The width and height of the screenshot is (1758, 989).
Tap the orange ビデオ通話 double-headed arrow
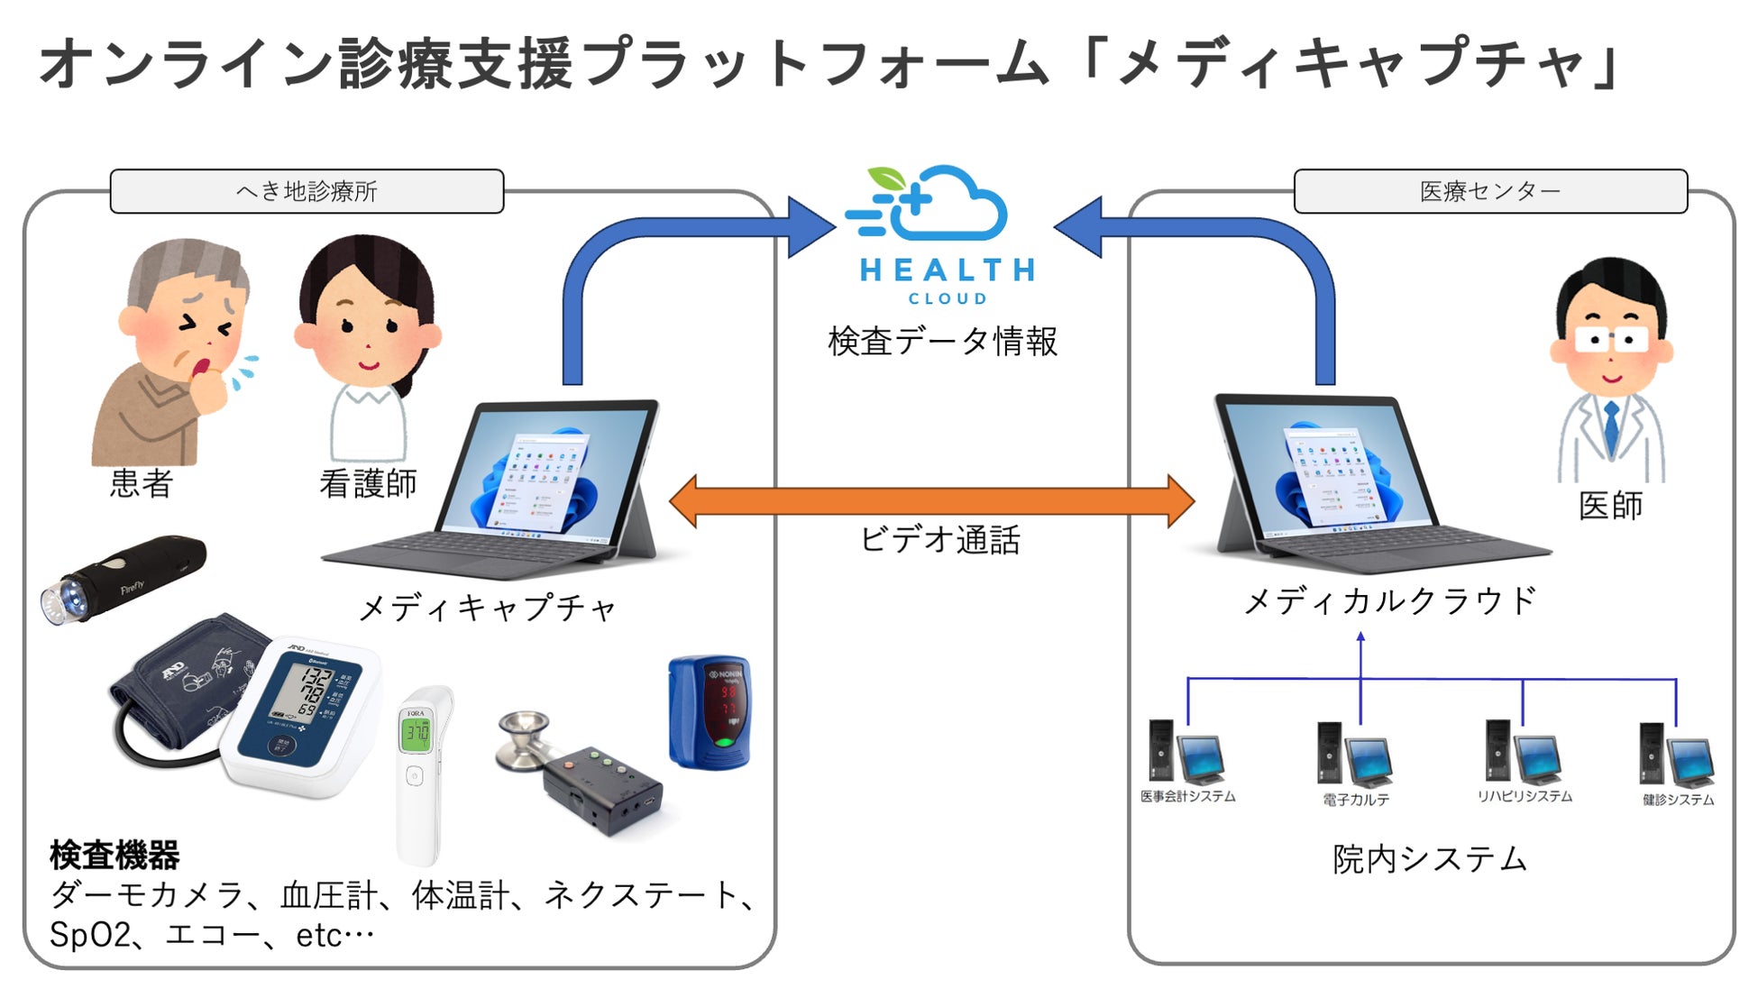[932, 501]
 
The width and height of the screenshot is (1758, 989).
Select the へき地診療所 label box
[307, 191]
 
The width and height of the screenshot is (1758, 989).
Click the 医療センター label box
[1489, 191]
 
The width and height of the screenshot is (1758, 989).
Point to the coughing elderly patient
[176, 352]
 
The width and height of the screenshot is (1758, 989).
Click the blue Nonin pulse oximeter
[710, 712]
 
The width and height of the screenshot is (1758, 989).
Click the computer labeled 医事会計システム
[1186, 752]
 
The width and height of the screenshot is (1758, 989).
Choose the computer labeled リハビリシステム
[1523, 752]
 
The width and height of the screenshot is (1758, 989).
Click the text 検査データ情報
[942, 342]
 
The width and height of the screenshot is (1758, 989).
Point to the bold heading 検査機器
[114, 854]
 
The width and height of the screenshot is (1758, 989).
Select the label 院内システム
[1430, 858]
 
